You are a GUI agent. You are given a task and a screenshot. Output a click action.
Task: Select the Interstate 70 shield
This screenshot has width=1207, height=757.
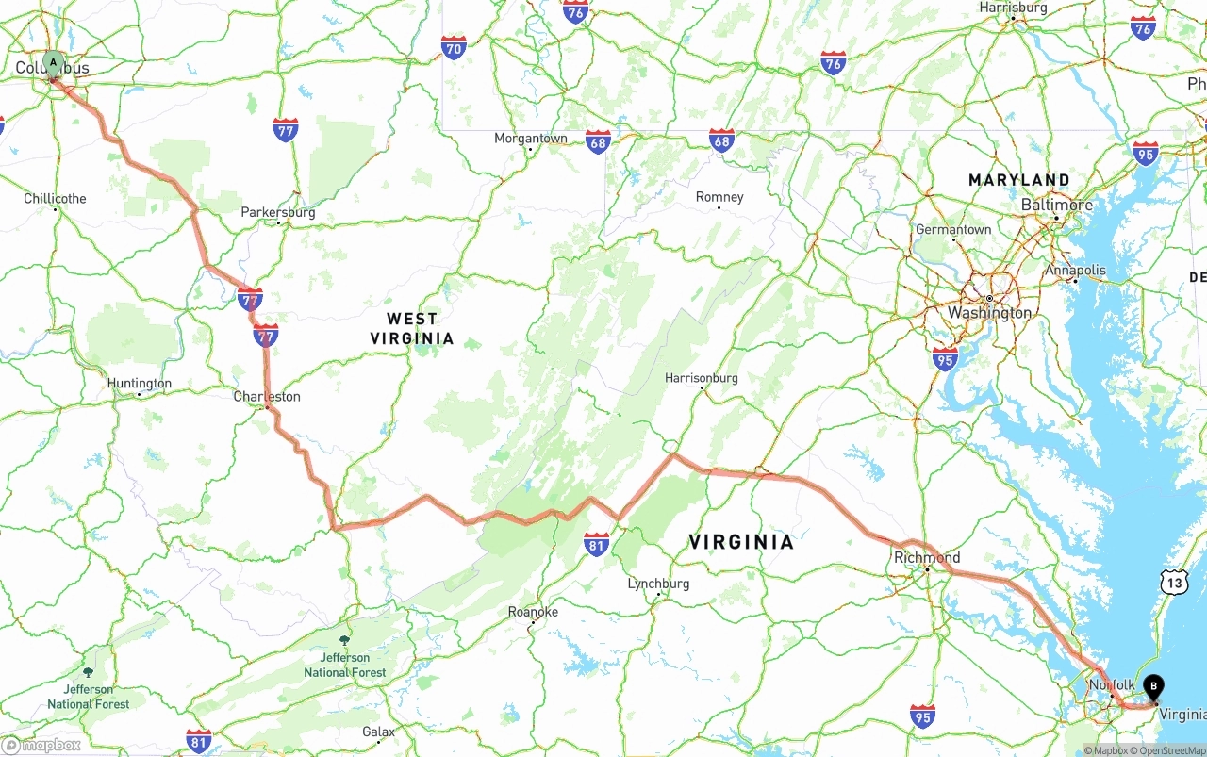454,47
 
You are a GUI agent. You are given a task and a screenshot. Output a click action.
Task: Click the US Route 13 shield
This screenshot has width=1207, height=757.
1174,582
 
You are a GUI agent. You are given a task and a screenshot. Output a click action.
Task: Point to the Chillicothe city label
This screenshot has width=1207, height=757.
55,199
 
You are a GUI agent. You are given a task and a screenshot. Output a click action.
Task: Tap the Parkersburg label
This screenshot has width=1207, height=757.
278,212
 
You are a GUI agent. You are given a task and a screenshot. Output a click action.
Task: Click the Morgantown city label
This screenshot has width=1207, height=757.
531,139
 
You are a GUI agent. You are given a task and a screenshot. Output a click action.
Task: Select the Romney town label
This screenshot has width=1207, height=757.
719,197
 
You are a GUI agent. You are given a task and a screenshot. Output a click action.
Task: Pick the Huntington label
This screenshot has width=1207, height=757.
140,384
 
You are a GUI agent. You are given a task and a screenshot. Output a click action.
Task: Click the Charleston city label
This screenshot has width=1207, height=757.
267,397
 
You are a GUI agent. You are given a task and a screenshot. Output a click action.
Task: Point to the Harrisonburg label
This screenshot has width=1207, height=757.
702,378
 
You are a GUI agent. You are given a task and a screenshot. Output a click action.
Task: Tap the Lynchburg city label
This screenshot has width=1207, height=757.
658,584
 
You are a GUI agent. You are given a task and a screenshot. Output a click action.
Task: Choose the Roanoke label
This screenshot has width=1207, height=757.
533,612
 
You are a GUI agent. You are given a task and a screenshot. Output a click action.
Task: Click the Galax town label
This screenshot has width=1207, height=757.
379,732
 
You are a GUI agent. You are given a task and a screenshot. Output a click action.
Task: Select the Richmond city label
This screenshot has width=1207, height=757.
927,557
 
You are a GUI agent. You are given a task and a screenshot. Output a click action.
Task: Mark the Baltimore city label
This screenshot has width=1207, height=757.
1057,205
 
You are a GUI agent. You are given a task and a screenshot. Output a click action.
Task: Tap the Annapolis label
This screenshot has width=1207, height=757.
1075,271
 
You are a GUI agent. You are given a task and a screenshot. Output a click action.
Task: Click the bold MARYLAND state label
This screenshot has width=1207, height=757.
1019,180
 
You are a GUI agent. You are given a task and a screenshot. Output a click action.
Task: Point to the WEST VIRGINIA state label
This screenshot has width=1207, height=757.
412,329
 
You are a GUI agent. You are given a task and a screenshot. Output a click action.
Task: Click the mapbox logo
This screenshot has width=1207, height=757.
41,745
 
